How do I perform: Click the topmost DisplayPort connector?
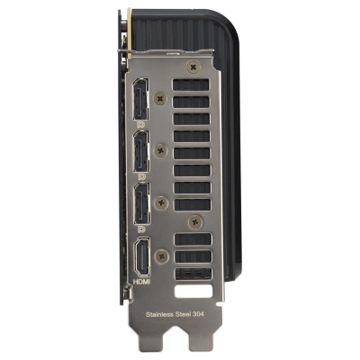pos(140,99)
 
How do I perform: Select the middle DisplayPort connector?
pos(141,151)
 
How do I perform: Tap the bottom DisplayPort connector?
pos(141,203)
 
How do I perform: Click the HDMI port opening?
pos(142,256)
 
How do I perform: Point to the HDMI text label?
pos(142,282)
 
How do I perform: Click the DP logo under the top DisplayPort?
pos(140,124)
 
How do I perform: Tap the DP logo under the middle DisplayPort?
pos(141,176)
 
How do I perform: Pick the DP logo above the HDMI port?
pos(140,229)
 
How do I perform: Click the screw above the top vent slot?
pos(193,67)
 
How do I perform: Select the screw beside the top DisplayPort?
pos(160,99)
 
